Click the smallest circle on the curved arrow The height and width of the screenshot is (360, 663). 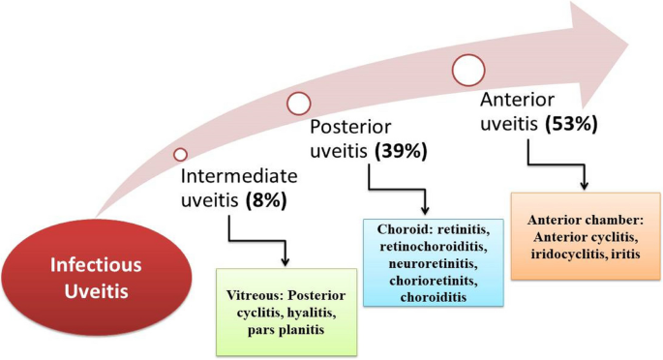[x=180, y=154]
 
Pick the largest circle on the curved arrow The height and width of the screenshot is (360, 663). [x=468, y=69]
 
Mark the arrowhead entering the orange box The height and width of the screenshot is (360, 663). [x=585, y=185]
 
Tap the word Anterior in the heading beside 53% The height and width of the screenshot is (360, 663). [x=520, y=102]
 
